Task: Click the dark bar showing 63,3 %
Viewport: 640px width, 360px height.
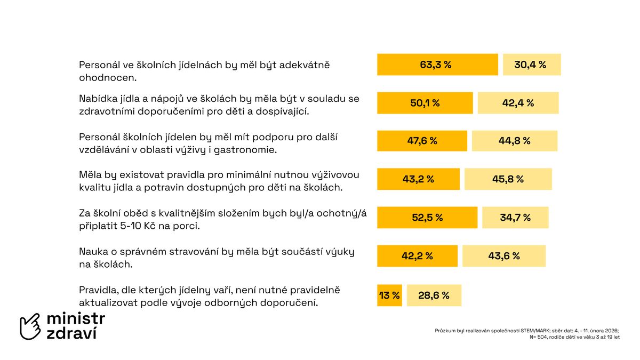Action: [437, 65]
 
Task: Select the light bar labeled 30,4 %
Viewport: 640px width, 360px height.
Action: [532, 65]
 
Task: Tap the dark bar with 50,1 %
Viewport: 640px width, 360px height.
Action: [425, 103]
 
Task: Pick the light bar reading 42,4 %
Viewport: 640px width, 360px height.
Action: [518, 103]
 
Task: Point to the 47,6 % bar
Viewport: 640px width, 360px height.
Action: [422, 141]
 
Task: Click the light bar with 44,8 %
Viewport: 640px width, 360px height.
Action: [515, 141]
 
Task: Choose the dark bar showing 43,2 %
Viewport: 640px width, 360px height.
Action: [418, 179]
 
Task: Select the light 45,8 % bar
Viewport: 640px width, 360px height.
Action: [508, 179]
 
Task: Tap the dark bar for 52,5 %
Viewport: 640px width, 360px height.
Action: [427, 218]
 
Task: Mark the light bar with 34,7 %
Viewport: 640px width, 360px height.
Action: [515, 218]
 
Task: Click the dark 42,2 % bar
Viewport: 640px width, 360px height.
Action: [417, 256]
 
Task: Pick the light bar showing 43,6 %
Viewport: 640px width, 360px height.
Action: [504, 256]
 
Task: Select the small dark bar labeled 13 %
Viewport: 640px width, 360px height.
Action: [389, 295]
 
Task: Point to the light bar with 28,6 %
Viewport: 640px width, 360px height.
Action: [434, 295]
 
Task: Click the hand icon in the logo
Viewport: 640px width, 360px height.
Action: [30, 326]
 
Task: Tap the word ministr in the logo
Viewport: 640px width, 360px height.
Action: [76, 319]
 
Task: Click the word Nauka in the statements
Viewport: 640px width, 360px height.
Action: [92, 251]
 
